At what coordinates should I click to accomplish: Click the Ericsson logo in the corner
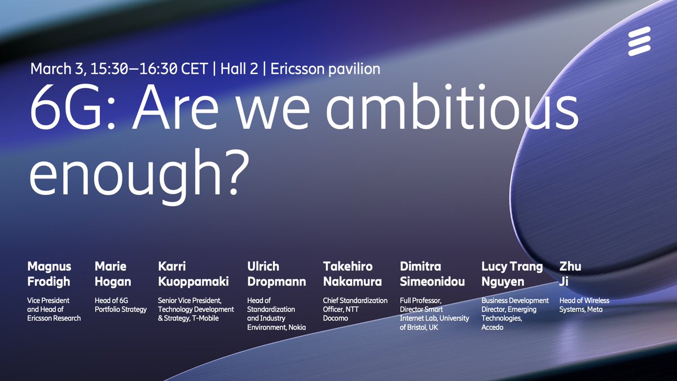click(x=639, y=41)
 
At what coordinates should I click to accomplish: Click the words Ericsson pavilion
click(x=325, y=69)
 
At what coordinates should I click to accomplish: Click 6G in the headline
click(x=63, y=110)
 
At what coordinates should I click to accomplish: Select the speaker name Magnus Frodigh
click(x=49, y=274)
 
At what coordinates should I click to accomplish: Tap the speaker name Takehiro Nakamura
click(x=352, y=274)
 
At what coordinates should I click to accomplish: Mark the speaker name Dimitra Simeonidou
click(x=432, y=274)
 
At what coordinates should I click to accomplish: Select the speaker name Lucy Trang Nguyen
click(x=512, y=274)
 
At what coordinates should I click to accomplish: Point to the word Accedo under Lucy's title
click(x=492, y=327)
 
